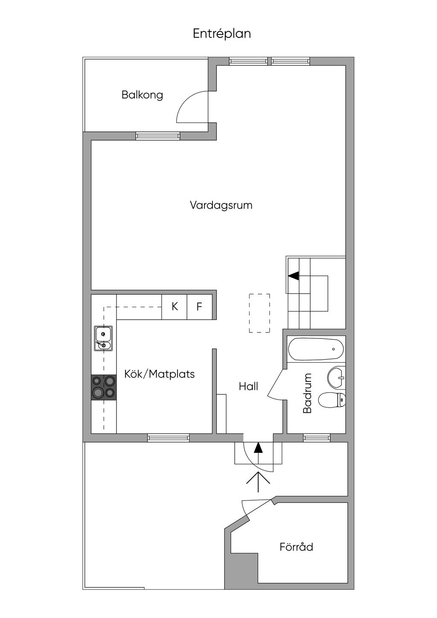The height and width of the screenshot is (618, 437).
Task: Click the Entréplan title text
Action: coord(221,34)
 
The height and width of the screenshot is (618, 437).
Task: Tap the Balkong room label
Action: coord(142,95)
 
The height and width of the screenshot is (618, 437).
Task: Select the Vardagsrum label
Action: coord(221,205)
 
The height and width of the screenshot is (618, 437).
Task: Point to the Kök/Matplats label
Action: coord(159,374)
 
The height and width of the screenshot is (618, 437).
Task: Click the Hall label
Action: coord(248,387)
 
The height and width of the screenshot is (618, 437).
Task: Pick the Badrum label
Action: coord(307,394)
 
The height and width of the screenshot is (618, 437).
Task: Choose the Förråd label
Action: coord(296,547)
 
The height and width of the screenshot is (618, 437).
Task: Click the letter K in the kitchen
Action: coord(175,306)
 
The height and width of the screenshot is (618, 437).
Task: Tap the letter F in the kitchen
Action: coord(199,306)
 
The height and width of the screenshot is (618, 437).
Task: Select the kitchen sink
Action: coord(103,339)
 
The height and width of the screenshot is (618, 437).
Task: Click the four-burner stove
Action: coord(104,387)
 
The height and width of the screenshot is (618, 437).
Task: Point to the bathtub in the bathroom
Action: coord(316,349)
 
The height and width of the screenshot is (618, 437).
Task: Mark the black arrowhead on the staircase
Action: coord(294,276)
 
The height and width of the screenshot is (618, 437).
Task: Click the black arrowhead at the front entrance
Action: coord(258,447)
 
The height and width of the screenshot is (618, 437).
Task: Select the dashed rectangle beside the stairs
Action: coord(259,313)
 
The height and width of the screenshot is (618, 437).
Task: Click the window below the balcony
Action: coord(158,136)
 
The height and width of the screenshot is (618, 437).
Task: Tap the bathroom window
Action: coord(316,437)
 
